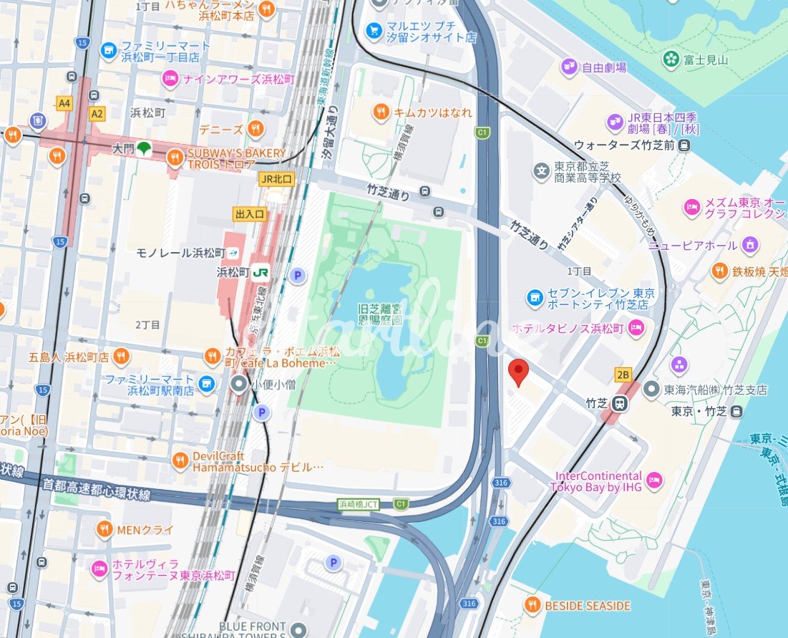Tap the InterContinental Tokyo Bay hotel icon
tap(653, 480)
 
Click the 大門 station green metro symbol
tap(145, 148)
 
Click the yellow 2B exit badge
tap(623, 374)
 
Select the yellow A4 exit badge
tap(65, 104)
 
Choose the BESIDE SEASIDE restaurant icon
tap(532, 606)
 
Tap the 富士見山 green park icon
tap(671, 59)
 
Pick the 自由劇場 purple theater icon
tap(569, 67)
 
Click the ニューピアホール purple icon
tap(749, 245)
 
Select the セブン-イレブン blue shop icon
tap(534, 296)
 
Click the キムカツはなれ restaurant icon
tap(381, 112)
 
